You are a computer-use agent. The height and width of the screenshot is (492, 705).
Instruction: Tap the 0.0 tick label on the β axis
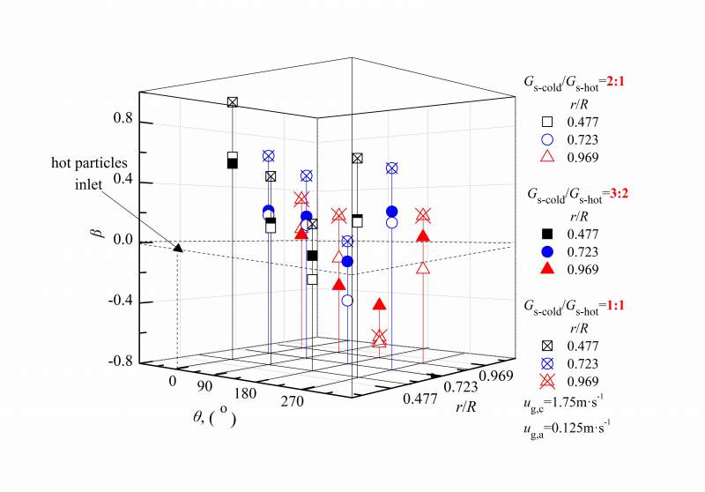click(x=122, y=241)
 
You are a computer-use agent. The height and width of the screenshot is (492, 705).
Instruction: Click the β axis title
click(x=99, y=234)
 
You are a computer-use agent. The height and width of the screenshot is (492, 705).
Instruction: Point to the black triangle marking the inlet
click(x=178, y=248)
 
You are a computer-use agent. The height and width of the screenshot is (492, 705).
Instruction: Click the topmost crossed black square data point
click(x=233, y=102)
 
